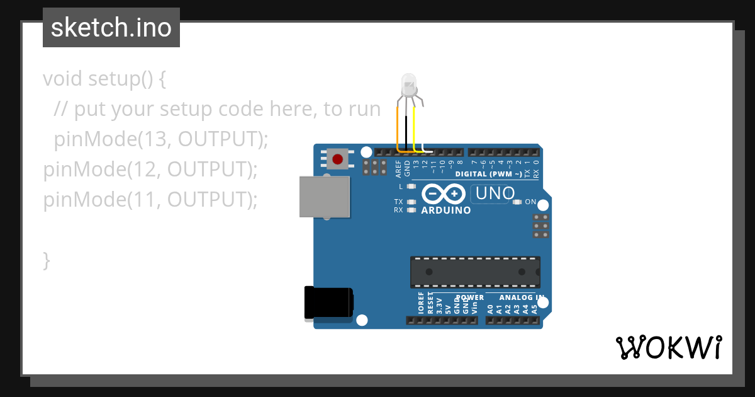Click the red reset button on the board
(x=338, y=159)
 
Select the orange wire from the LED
(x=398, y=129)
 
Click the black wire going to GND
(x=406, y=132)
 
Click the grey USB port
(x=325, y=197)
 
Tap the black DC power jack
(x=327, y=302)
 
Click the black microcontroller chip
(x=475, y=272)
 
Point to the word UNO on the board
(x=495, y=193)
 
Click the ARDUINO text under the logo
(x=446, y=210)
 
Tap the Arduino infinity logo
(x=445, y=194)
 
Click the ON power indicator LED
(x=517, y=202)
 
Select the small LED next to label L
(x=411, y=187)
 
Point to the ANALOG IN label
(x=522, y=297)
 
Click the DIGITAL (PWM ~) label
(x=488, y=174)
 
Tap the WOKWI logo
(x=668, y=347)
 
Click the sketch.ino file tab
(x=111, y=28)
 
